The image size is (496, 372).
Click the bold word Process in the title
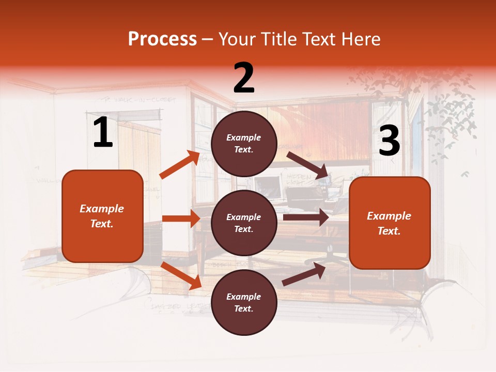[162, 39]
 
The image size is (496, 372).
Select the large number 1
[103, 133]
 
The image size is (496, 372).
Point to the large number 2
[244, 78]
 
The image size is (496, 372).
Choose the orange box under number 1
[102, 216]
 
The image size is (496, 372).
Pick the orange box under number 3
[390, 223]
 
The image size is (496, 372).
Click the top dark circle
[244, 144]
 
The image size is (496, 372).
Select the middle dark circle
[244, 223]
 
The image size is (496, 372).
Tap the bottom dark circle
[244, 302]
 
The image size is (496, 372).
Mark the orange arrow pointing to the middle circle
[181, 219]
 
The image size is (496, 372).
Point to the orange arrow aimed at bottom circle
[181, 275]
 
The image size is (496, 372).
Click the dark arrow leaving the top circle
[308, 165]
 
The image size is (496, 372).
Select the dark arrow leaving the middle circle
[306, 218]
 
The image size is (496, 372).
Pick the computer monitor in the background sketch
[268, 188]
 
